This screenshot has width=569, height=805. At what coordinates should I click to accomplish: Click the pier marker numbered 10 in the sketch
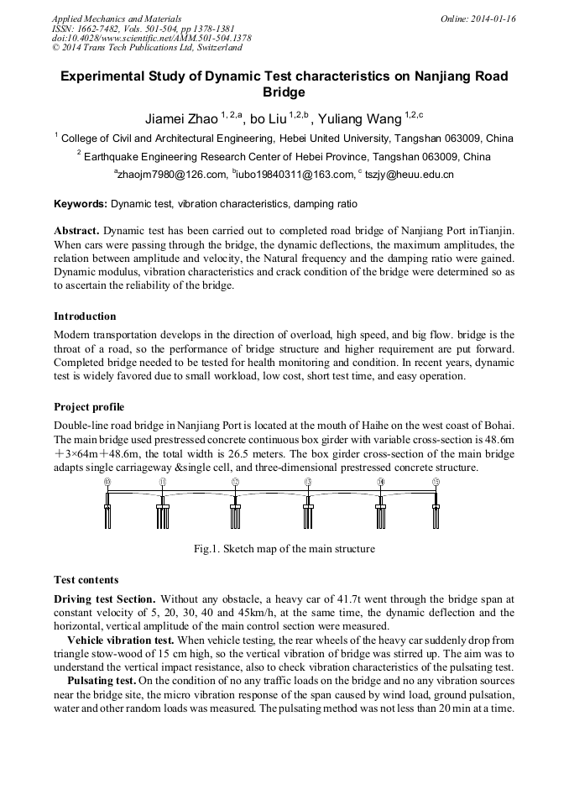(107, 482)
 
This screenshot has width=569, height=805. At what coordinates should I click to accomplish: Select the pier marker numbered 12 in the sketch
(235, 482)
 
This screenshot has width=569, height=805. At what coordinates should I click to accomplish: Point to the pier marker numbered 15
(436, 482)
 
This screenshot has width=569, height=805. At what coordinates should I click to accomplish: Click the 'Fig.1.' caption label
(206, 549)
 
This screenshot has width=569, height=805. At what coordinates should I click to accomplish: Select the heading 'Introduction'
(85, 316)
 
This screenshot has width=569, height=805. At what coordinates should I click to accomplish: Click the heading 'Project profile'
(89, 407)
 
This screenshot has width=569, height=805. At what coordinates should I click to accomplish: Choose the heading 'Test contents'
(86, 580)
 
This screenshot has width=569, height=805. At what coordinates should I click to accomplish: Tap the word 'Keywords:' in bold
(81, 203)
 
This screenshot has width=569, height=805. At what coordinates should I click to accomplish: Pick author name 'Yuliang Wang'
(360, 119)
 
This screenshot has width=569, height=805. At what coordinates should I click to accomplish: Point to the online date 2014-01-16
(493, 18)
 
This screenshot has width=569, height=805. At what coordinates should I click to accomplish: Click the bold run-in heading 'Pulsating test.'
(101, 680)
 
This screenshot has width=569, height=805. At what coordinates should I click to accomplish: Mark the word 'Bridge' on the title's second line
(284, 92)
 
